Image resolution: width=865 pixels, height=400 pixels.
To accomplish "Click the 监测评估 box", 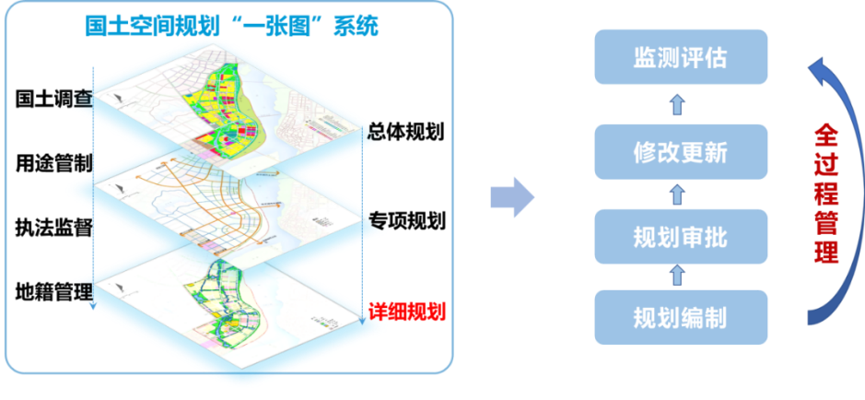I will [681, 58].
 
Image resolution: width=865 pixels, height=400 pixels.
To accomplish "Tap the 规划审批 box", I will [681, 238].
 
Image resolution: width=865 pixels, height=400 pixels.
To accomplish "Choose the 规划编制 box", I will [681, 318].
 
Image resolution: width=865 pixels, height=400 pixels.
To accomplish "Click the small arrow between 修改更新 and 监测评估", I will [677, 104].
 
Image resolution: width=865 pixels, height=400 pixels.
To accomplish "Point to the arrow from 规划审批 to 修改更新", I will [677, 194].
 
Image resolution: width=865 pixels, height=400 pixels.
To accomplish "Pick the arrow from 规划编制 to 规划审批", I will [677, 276].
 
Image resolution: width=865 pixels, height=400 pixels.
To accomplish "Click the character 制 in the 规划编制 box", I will [716, 318].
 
